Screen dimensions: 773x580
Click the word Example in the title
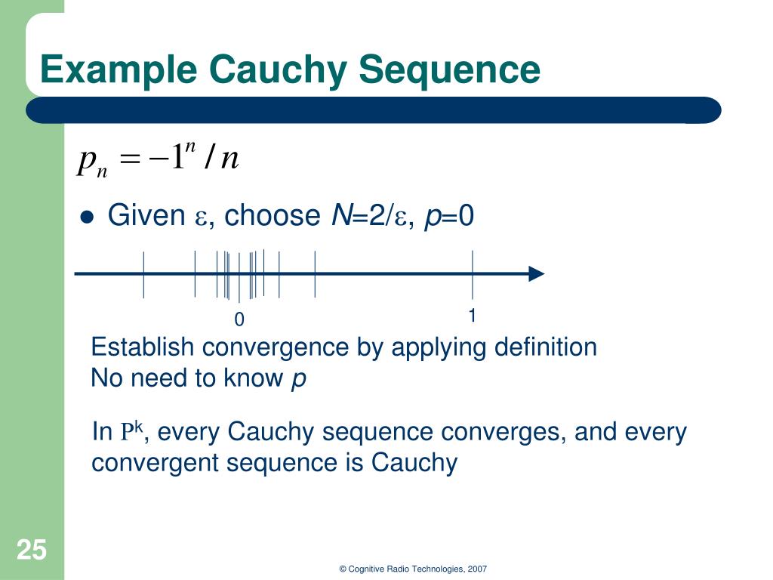click(x=119, y=70)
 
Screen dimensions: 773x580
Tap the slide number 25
click(x=32, y=550)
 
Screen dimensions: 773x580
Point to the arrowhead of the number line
click(x=536, y=274)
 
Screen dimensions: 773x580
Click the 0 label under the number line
click(x=239, y=320)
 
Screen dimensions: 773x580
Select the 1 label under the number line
click(x=473, y=316)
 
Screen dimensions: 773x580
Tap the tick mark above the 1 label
click(x=473, y=273)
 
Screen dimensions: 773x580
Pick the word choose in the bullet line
click(x=272, y=216)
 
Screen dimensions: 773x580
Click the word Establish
click(x=143, y=347)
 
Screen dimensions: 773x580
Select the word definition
click(x=545, y=347)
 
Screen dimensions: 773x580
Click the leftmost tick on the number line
click(x=143, y=273)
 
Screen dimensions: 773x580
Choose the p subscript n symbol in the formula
click(x=93, y=162)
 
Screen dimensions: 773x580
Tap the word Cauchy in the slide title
click(x=279, y=70)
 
